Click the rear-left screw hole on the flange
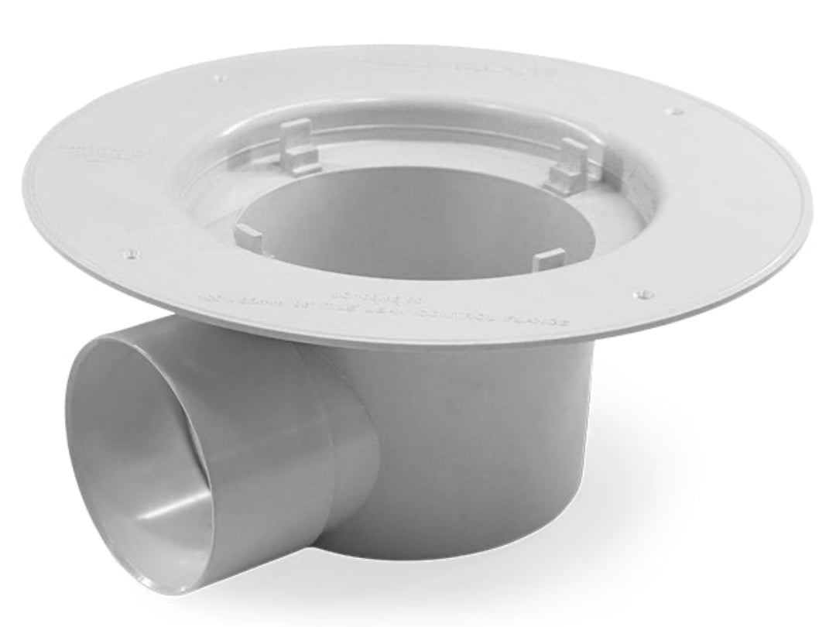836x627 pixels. click(x=224, y=77)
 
